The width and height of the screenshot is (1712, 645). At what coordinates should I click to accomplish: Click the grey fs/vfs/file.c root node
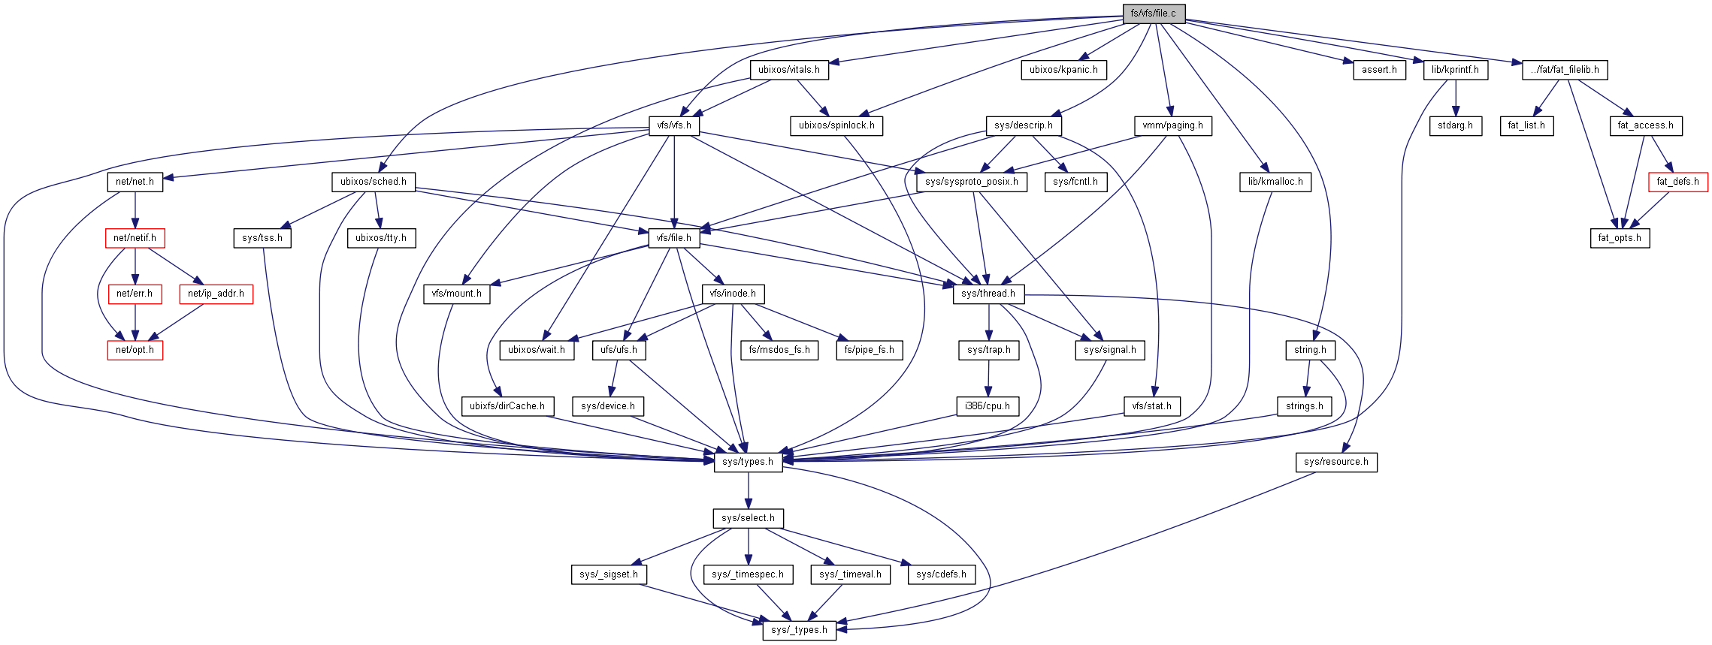pyautogui.click(x=1153, y=14)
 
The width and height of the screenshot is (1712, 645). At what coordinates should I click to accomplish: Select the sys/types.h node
pyautogui.click(x=748, y=462)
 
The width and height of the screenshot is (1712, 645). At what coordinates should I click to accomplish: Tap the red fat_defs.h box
pyautogui.click(x=1677, y=182)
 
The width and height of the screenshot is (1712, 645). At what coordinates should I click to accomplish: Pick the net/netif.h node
pyautogui.click(x=135, y=238)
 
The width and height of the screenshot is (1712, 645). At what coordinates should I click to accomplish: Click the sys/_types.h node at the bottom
pyautogui.click(x=799, y=630)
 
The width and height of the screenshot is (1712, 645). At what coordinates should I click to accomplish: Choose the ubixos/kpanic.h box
pyautogui.click(x=1063, y=70)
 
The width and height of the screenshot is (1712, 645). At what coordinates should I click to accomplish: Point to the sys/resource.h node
pyautogui.click(x=1336, y=462)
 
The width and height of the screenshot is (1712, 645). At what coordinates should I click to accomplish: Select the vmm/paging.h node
pyautogui.click(x=1172, y=125)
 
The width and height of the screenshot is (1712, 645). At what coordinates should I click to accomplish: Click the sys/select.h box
pyautogui.click(x=748, y=518)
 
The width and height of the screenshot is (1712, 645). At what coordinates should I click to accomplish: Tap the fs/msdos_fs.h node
pyautogui.click(x=779, y=350)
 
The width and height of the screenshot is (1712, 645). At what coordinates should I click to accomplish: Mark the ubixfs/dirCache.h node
pyautogui.click(x=507, y=406)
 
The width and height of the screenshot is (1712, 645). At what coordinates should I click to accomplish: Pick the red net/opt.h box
pyautogui.click(x=135, y=350)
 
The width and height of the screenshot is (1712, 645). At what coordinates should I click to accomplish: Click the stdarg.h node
pyautogui.click(x=1456, y=125)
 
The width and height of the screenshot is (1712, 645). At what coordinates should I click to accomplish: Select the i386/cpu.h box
pyautogui.click(x=988, y=406)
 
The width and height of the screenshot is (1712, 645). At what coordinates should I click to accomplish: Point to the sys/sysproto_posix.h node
pyautogui.click(x=972, y=182)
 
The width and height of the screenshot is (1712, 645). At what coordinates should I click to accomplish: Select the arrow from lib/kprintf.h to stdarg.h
pyautogui.click(x=1456, y=98)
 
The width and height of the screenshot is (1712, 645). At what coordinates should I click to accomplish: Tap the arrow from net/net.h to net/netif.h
pyautogui.click(x=135, y=209)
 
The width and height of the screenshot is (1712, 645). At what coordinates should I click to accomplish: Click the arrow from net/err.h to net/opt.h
pyautogui.click(x=135, y=321)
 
